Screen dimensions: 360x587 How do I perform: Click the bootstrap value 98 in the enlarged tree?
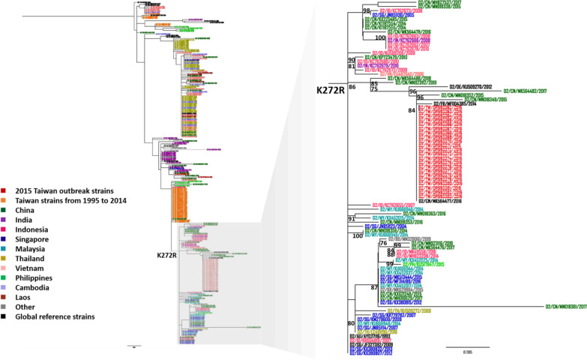pos(367,11)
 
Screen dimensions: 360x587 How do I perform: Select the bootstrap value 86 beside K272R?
pos(352,87)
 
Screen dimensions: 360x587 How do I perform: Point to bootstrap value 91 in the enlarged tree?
pos(352,218)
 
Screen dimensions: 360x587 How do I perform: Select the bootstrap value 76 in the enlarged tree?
pos(383,243)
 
